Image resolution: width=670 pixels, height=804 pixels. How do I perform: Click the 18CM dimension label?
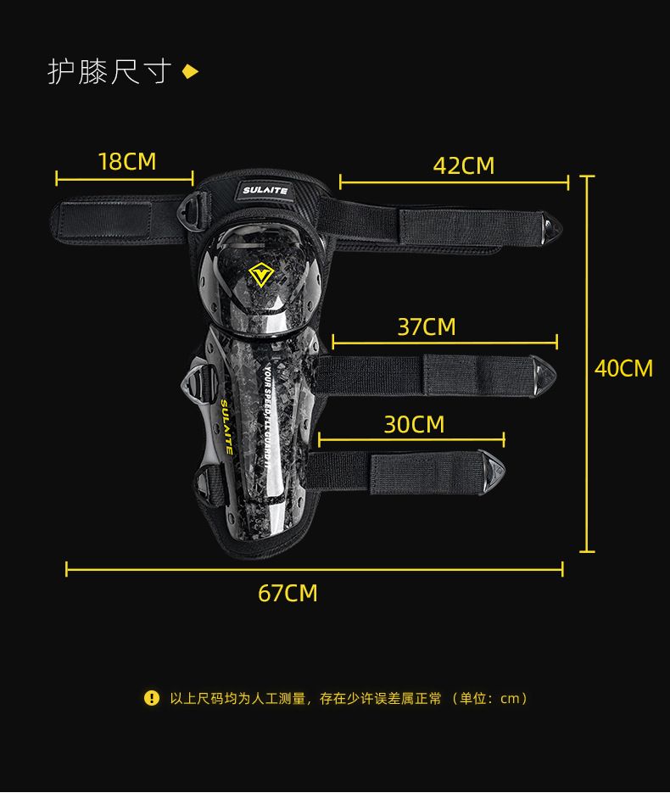127,161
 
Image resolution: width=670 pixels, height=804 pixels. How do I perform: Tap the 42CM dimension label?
463,165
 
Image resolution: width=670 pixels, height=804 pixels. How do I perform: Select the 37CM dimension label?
427,327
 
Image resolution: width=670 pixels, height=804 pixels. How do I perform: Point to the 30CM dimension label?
414,424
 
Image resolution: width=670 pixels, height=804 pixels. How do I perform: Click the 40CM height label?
623,368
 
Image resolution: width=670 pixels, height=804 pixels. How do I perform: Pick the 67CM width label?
288,593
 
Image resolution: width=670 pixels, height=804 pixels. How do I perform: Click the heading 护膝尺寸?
109,72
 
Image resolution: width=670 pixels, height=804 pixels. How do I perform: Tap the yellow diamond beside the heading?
191,72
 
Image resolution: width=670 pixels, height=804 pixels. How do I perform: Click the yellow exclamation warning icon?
152,698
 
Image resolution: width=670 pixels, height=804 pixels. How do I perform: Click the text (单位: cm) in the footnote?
491,698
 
